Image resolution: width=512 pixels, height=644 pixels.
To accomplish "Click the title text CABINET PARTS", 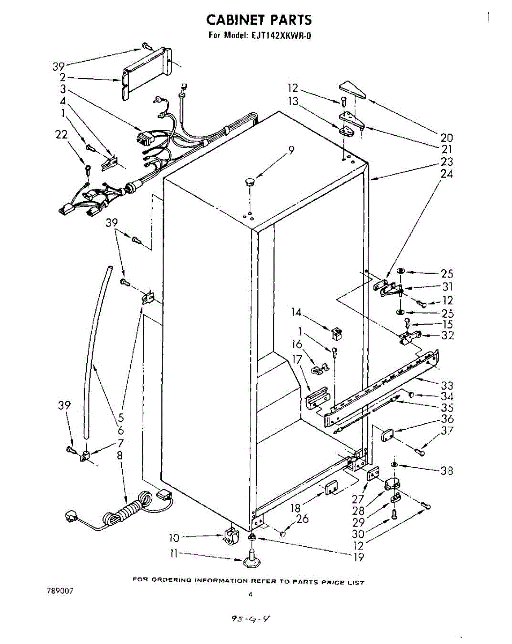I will pos(259,20).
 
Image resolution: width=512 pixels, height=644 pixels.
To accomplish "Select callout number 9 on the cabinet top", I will pos(291,151).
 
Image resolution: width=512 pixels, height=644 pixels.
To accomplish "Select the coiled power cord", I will pos(129,510).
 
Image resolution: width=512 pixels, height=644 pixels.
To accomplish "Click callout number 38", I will pos(447,471).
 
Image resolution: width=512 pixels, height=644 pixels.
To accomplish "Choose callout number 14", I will pos(296,312).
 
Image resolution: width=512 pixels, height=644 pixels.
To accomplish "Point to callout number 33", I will pos(447,385).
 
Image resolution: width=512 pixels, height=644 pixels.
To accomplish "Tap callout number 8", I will pos(120,455).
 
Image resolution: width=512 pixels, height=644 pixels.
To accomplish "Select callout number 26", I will pos(302,519).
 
